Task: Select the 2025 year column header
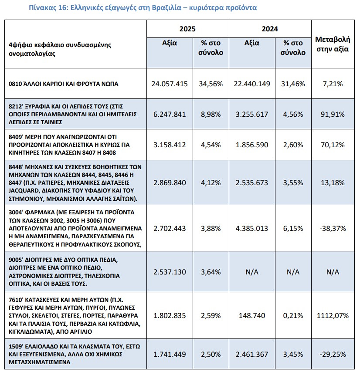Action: [x=187, y=29]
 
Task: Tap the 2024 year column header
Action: [x=270, y=29]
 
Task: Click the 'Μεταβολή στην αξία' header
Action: [x=333, y=44]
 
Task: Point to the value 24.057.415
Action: [x=170, y=84]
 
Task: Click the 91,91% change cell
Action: [x=333, y=114]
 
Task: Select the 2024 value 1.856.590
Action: [x=252, y=145]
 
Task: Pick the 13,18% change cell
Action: [x=333, y=183]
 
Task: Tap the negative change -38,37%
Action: [x=333, y=228]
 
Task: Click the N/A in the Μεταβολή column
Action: [x=333, y=272]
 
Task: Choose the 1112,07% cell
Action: [x=333, y=315]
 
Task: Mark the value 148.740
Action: [x=252, y=315]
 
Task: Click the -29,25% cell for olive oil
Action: [x=333, y=354]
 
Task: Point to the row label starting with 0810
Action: [x=63, y=84]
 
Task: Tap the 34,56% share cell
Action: [x=211, y=84]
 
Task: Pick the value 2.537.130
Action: [x=170, y=272]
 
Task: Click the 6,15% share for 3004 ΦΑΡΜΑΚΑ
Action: [x=293, y=228]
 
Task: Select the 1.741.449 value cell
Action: [x=170, y=354]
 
